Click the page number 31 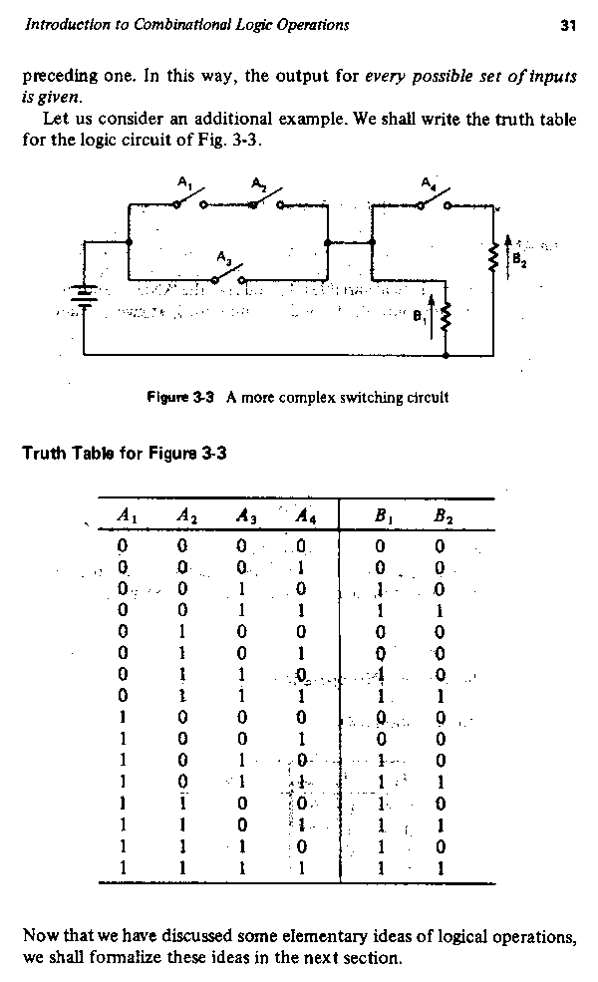(569, 25)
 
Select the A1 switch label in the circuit (183, 182)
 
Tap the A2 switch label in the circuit (258, 182)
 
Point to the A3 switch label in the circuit (225, 257)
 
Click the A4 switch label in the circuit (428, 182)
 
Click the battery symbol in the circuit (85, 296)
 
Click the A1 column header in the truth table (126, 516)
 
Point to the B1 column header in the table (383, 516)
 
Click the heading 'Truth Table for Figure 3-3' (125, 453)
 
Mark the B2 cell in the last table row (441, 868)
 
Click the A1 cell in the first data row (122, 545)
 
